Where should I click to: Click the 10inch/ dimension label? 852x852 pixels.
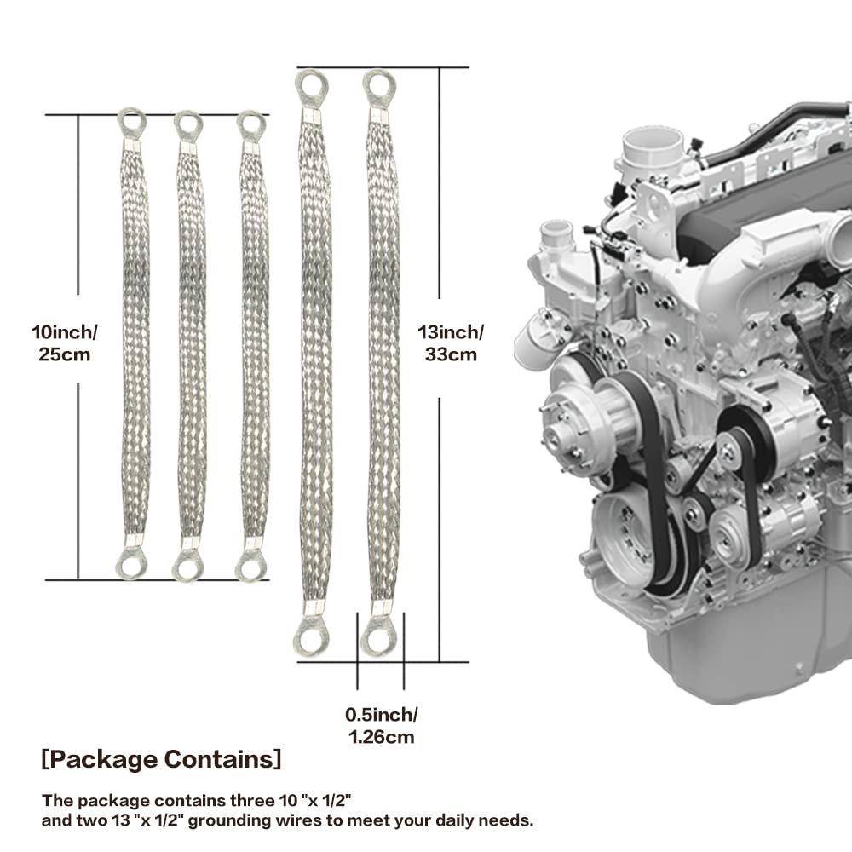64,332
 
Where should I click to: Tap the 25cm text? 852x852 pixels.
64,354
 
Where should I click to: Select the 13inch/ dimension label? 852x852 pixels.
451,332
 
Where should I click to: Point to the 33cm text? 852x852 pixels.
451,354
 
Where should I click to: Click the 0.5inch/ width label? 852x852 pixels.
382,715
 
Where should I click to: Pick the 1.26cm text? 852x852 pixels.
382,737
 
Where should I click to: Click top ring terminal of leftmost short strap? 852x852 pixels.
131,123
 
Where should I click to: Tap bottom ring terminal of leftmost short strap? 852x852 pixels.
131,563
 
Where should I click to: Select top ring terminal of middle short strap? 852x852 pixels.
188,126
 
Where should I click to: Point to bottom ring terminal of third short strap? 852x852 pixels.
251,565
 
